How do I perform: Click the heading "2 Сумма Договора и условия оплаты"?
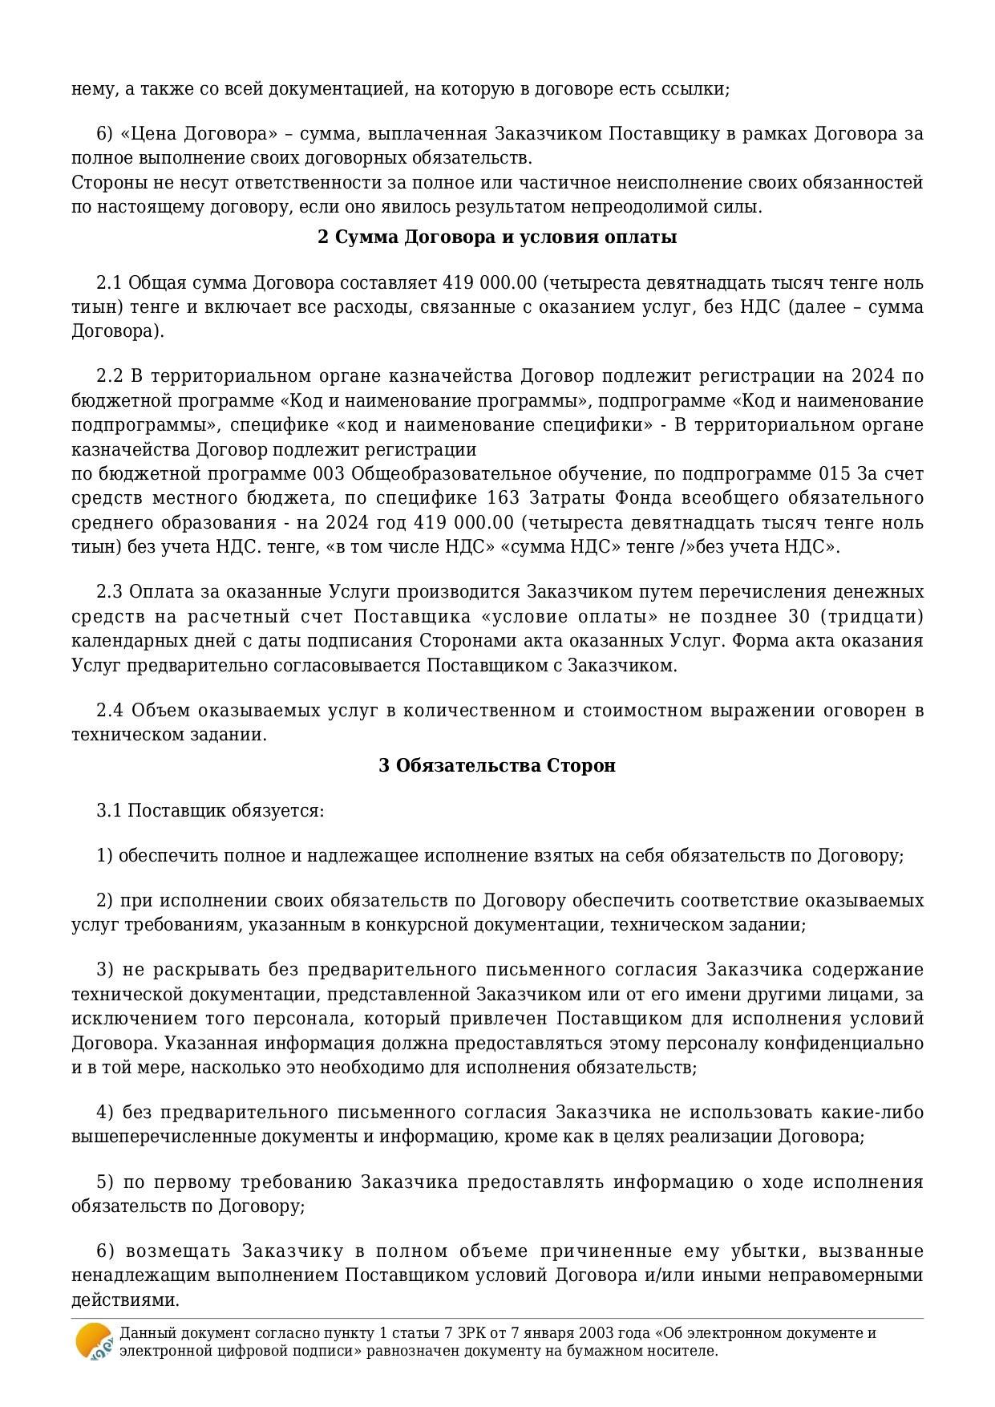tap(497, 237)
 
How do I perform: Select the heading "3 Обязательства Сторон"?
tap(497, 765)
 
